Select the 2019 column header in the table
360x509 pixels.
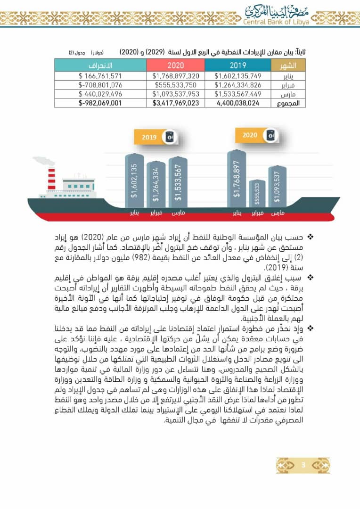click(238, 65)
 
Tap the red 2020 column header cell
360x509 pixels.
click(176, 65)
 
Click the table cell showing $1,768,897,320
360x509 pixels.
click(176, 75)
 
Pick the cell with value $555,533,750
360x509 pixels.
click(176, 85)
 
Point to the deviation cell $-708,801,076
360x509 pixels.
click(100, 85)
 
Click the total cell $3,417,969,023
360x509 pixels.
click(176, 103)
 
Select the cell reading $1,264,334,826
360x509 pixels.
click(238, 85)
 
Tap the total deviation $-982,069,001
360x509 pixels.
click(100, 103)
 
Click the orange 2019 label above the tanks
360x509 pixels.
click(149, 138)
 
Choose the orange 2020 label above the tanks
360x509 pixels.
click(250, 135)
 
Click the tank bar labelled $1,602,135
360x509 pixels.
click(134, 181)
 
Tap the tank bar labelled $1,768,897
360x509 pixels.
click(237, 179)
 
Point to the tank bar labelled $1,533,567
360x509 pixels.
click(178, 182)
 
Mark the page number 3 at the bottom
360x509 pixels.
click(303, 466)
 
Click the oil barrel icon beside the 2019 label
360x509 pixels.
click(170, 137)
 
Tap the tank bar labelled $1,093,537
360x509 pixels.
click(277, 187)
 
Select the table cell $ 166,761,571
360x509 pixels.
click(100, 75)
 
